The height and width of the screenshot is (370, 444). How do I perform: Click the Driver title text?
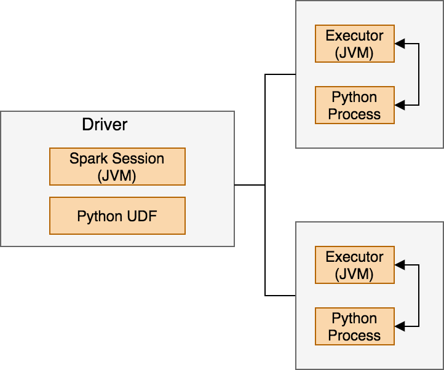tap(105, 125)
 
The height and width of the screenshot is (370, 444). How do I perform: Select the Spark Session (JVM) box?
tap(117, 167)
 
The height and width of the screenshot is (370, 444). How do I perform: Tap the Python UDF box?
tap(117, 216)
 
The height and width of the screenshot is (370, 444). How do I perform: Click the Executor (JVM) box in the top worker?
tap(354, 44)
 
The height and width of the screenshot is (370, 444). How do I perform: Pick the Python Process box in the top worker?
tap(354, 105)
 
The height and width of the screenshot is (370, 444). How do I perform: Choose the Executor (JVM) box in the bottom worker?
tap(354, 265)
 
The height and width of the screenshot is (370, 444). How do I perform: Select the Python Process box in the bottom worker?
tap(354, 326)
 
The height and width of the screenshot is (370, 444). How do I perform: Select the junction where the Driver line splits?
tap(265, 185)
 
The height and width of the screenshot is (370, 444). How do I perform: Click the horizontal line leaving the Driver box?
tap(250, 185)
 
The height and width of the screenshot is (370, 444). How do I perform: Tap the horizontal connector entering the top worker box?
tap(280, 74)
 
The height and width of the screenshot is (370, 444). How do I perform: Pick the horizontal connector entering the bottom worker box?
tap(280, 296)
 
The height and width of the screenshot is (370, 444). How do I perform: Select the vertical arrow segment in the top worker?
tap(419, 74)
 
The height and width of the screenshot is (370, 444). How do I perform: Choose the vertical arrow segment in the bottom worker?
tap(419, 296)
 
